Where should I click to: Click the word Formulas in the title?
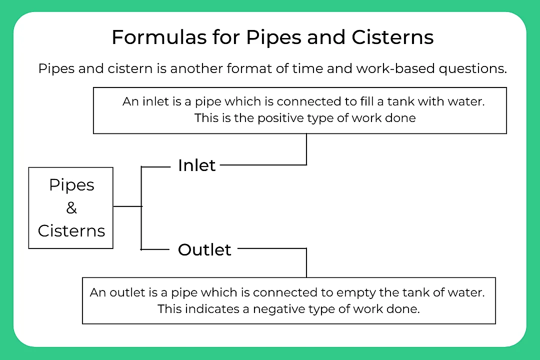coord(145,38)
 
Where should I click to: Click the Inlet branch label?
coord(196,165)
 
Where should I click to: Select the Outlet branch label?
coord(204,249)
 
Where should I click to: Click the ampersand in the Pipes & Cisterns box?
coord(71,208)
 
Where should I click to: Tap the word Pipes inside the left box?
coord(71,185)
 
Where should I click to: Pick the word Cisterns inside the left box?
coord(71,231)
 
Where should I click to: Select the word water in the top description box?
coord(470,101)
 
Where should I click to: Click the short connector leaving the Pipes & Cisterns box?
coord(127,206)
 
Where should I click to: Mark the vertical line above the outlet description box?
coord(306,262)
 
